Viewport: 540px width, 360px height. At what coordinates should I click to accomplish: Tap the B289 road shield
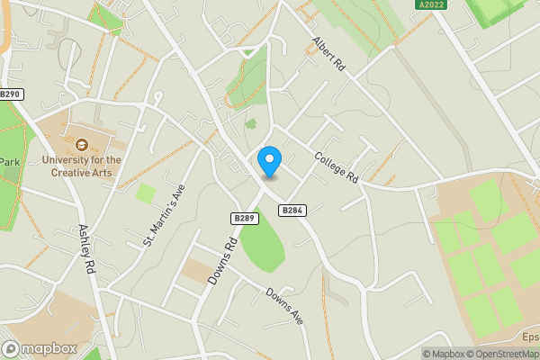coord(245,218)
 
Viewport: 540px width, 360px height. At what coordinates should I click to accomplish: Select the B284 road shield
coord(292,211)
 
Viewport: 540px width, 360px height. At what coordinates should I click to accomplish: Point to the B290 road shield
coord(10,94)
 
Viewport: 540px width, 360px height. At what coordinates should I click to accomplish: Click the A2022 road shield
coord(431,5)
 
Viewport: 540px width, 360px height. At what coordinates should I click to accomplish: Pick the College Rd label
coord(337,167)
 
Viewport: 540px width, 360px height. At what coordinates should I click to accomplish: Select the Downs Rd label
coord(221,262)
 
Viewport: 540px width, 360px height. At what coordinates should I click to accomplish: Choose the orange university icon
coord(82,144)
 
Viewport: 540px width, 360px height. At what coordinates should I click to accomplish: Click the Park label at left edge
coord(9,162)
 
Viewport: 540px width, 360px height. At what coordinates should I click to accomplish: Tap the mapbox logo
coord(40,348)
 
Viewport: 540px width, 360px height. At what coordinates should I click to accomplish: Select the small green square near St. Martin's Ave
coord(145,193)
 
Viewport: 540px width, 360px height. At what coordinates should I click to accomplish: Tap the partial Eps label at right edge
coord(530,337)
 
